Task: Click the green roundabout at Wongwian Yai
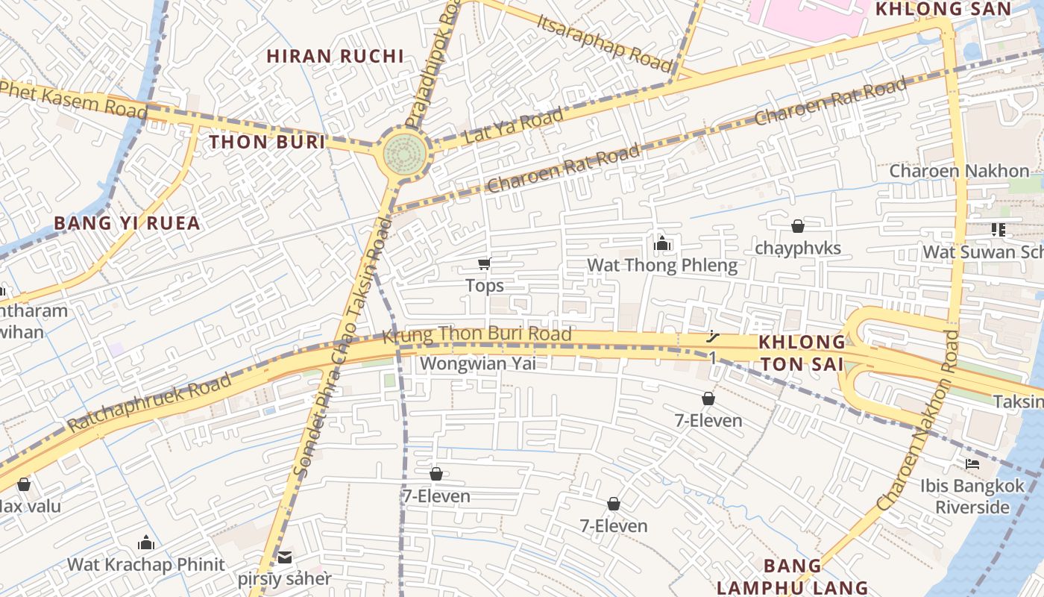pyautogui.click(x=405, y=153)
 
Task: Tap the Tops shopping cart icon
pyautogui.click(x=485, y=263)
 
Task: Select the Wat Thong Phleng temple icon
pyautogui.click(x=661, y=243)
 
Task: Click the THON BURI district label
pyautogui.click(x=267, y=142)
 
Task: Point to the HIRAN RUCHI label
pyautogui.click(x=336, y=56)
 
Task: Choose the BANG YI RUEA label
pyautogui.click(x=128, y=223)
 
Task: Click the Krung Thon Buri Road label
pyautogui.click(x=477, y=334)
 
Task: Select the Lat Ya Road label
pyautogui.click(x=513, y=126)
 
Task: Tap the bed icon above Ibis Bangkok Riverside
pyautogui.click(x=972, y=463)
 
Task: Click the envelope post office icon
pyautogui.click(x=285, y=557)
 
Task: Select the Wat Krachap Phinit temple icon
pyautogui.click(x=146, y=543)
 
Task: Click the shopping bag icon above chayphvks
pyautogui.click(x=798, y=225)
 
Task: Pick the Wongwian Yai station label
pyautogui.click(x=478, y=363)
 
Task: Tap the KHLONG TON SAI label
pyautogui.click(x=801, y=353)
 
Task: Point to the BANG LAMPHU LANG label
pyautogui.click(x=792, y=576)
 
